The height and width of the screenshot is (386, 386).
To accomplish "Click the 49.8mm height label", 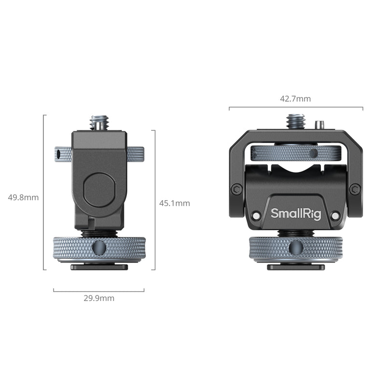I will tap(24, 197).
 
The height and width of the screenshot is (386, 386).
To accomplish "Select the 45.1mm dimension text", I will tap(175, 203).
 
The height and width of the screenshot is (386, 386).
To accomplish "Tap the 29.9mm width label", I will tap(99, 298).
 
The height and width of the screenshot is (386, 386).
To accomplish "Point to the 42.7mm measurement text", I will tap(295, 99).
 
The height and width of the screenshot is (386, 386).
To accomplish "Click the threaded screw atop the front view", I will tap(295, 121).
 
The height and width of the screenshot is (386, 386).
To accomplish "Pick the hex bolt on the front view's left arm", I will tap(236, 189).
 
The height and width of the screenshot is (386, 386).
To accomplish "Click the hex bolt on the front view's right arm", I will tap(355, 189).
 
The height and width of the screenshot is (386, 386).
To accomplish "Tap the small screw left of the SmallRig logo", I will tap(256, 215).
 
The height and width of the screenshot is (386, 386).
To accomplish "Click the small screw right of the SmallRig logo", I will tap(335, 215).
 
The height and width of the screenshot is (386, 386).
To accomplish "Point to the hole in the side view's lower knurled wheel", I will tap(99, 248).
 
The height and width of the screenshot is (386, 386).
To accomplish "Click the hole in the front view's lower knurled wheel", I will tap(295, 248).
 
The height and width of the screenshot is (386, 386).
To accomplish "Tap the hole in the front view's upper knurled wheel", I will tap(313, 153).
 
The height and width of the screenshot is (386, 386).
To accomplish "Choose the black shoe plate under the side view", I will tap(99, 267).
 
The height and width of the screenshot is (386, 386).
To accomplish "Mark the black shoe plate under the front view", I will tap(296, 267).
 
